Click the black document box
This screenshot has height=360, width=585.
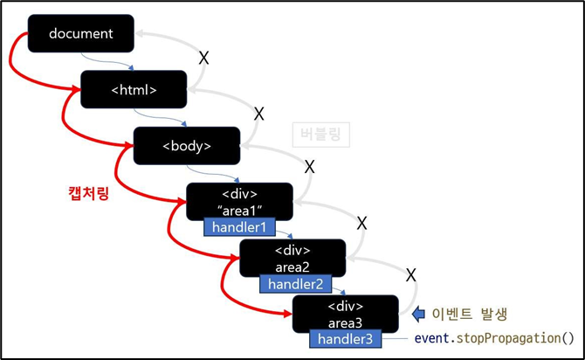coord(81,33)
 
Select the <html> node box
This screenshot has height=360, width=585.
coord(134,89)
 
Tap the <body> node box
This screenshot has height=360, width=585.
coord(186,145)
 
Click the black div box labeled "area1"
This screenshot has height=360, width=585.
coord(239,200)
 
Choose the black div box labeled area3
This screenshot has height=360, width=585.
coord(345,312)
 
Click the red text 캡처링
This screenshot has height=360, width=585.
coord(90,190)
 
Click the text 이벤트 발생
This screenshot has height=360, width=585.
coord(470,313)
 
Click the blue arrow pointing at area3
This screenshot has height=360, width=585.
coord(418,312)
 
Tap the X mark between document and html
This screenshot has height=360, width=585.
coord(204,58)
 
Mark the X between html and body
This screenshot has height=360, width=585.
coord(258,113)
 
